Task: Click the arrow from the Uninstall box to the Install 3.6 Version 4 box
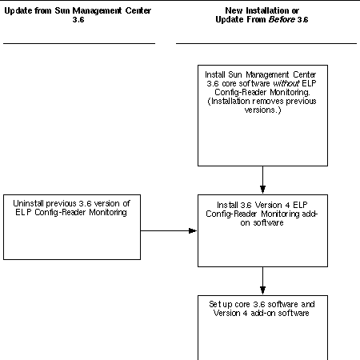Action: click(x=170, y=230)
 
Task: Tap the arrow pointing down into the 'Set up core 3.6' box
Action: click(x=263, y=281)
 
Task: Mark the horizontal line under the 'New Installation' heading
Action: click(x=263, y=43)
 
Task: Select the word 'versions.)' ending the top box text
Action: click(x=263, y=110)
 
